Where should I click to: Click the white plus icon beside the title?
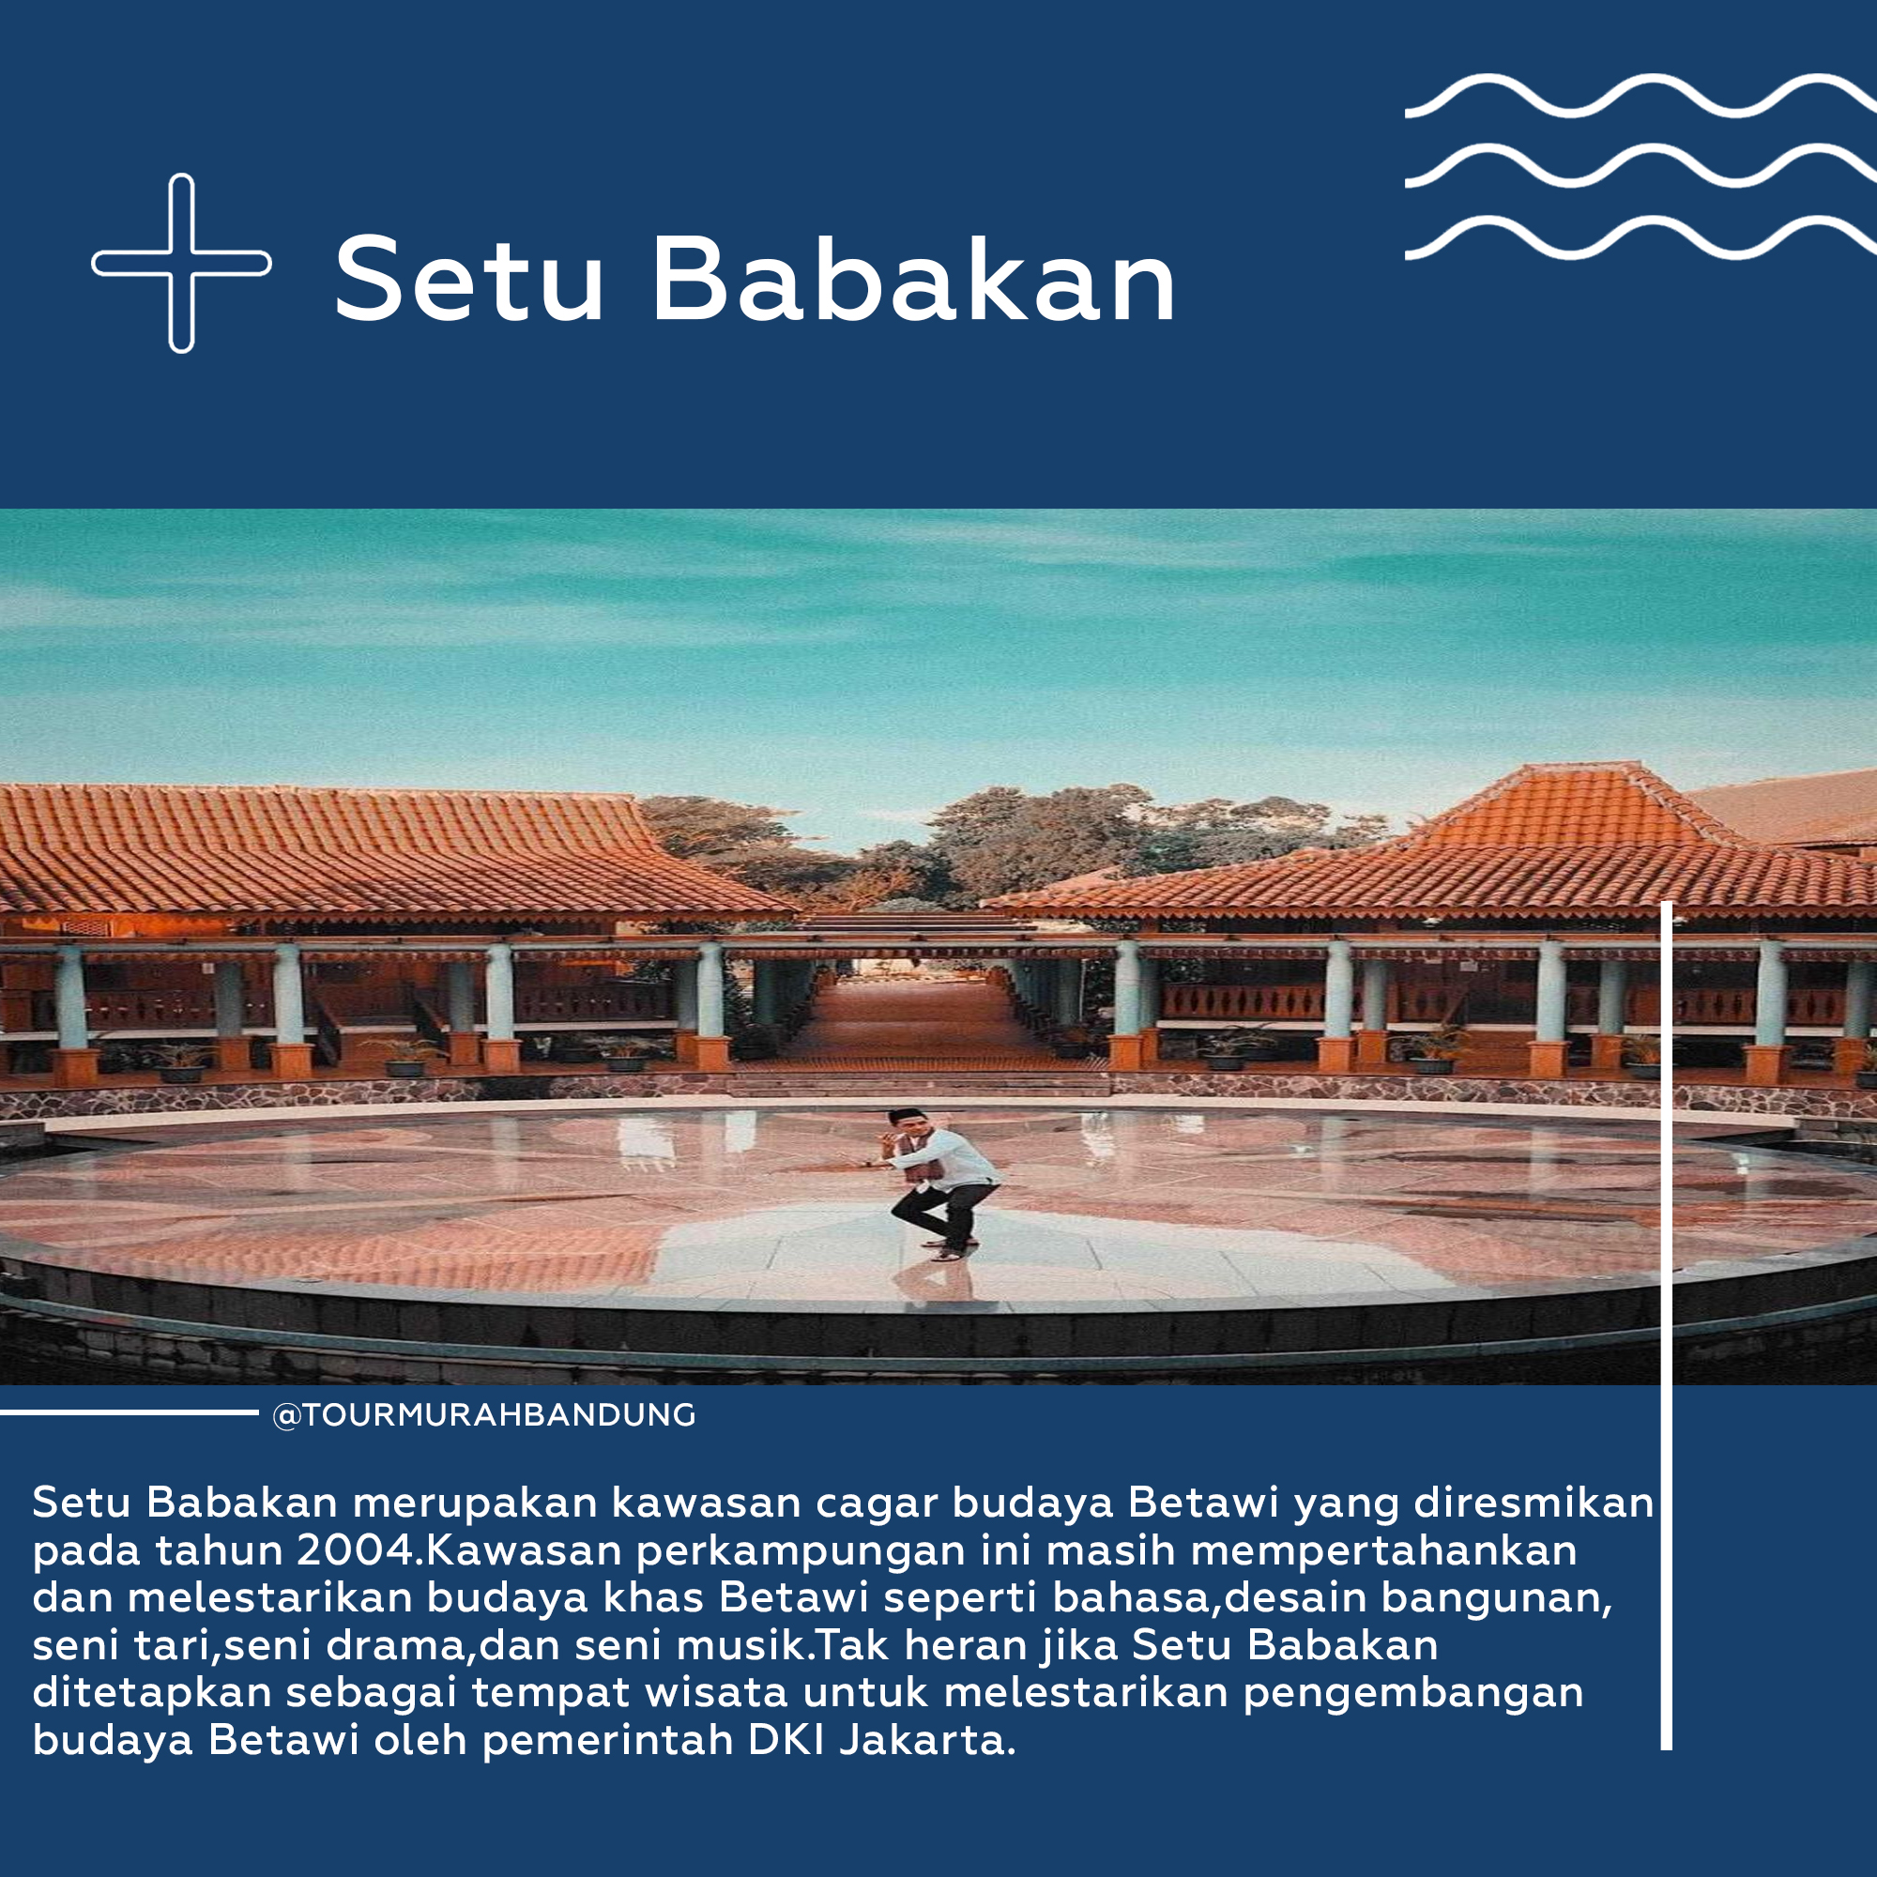(182, 264)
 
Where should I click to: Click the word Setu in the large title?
(469, 279)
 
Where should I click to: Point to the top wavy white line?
(1640, 95)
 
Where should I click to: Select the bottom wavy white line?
(1640, 239)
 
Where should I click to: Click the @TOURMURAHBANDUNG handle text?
(485, 1414)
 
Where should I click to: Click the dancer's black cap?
(905, 1114)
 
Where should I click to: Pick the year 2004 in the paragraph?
(358, 1549)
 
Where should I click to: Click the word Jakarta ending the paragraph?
(927, 1740)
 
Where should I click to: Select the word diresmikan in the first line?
(1534, 1502)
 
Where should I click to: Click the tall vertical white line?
(1666, 1326)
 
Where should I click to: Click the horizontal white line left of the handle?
(130, 1412)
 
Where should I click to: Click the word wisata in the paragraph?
(716, 1692)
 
